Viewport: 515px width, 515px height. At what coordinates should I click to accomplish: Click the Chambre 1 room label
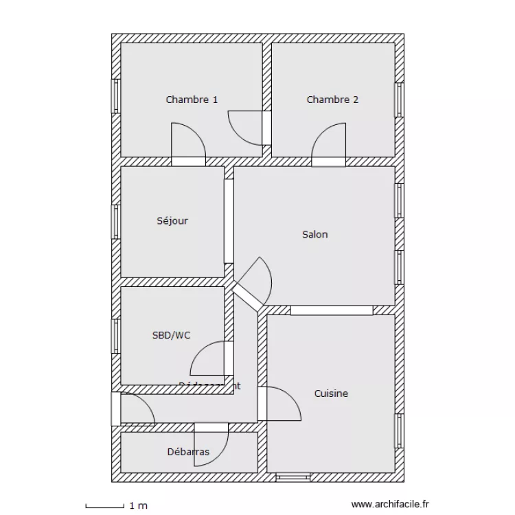[192, 100]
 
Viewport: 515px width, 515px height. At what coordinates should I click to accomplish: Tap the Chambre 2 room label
[332, 100]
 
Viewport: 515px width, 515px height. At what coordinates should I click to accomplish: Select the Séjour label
[172, 221]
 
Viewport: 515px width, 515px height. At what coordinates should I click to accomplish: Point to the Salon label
[315, 234]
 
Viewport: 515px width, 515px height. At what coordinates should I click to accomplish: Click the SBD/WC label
[171, 335]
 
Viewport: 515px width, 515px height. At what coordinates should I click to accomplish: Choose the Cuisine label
[331, 393]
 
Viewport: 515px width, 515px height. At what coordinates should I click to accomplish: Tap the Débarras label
[188, 452]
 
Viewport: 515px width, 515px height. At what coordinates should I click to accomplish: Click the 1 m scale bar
[106, 506]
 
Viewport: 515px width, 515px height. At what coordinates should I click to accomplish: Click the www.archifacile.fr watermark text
[389, 503]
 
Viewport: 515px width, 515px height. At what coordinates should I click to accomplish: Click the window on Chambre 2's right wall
[398, 100]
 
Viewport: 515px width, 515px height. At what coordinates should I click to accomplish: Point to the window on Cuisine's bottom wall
[293, 477]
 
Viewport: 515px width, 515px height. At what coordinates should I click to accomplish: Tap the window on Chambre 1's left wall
[116, 96]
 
